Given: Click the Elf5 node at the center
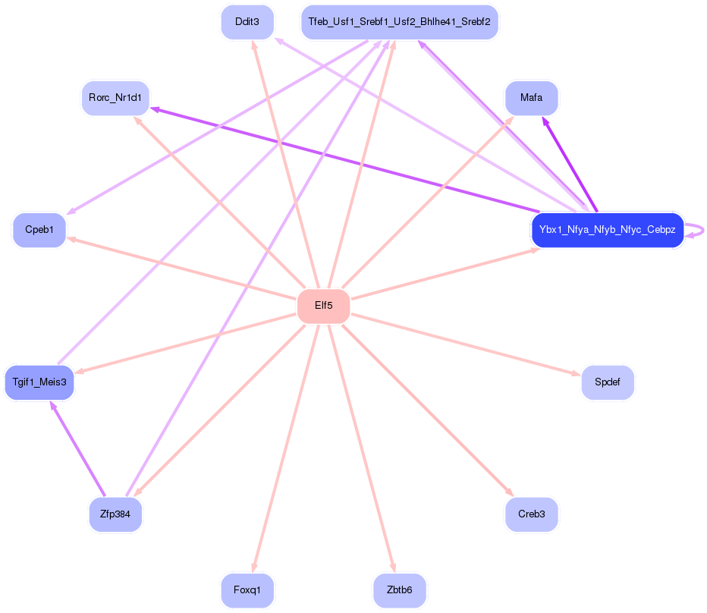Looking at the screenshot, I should (323, 306).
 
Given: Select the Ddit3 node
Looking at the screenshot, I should (247, 22).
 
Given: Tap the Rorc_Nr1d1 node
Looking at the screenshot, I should (115, 99).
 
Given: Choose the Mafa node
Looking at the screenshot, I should (531, 98).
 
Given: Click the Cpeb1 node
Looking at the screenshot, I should (39, 230).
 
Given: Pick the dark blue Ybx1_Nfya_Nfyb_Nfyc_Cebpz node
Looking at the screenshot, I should (607, 230).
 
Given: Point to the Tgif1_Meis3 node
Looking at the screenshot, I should (39, 382).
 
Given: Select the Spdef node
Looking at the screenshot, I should (607, 382).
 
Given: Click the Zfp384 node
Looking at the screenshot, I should (115, 514).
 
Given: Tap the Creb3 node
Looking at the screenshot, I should (531, 514).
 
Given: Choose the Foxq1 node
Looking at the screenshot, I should (247, 590).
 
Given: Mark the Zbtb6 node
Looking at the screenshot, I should (399, 590).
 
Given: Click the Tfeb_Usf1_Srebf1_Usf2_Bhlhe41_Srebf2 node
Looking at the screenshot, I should (399, 22).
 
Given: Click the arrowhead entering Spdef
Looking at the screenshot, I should (576, 373).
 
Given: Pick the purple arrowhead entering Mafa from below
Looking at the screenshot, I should (545, 121).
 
